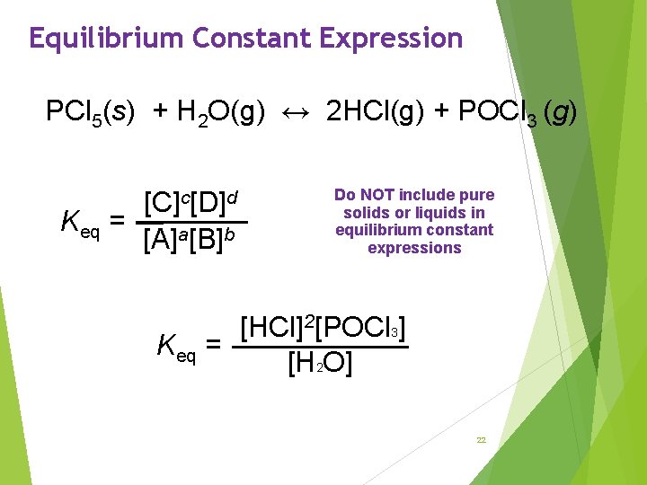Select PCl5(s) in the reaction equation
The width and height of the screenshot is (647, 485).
pyautogui.click(x=91, y=113)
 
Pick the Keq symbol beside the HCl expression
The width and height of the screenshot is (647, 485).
pyautogui.click(x=176, y=344)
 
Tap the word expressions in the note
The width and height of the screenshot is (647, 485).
pyautogui.click(x=414, y=248)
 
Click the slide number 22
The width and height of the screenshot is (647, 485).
pyautogui.click(x=481, y=440)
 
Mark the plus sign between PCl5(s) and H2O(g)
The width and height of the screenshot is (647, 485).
pyautogui.click(x=160, y=113)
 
